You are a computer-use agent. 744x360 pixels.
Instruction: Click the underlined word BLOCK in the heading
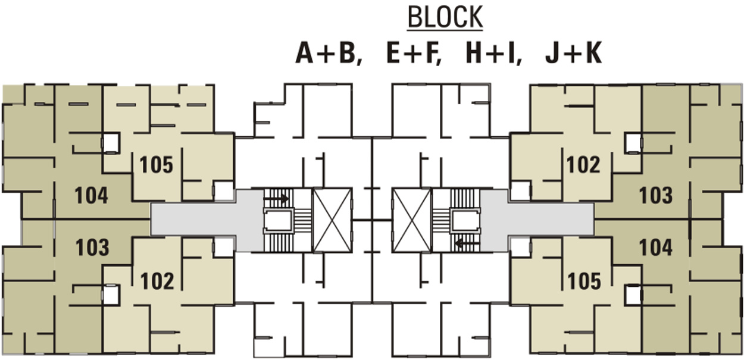pos(445,18)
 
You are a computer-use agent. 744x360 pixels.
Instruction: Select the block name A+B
pos(329,54)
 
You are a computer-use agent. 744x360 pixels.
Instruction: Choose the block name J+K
pos(573,54)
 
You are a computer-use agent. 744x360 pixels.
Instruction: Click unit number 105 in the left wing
pos(156,165)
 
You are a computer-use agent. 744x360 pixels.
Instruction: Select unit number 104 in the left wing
pos(92,195)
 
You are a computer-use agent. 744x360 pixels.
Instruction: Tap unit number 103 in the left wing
pos(92,248)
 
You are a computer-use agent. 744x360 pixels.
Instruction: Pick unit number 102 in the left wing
pos(157,280)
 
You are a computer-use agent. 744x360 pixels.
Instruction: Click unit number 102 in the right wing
pos(583,165)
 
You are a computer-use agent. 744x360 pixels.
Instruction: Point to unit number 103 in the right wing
pos(655,195)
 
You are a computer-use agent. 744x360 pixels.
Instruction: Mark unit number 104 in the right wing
pos(655,248)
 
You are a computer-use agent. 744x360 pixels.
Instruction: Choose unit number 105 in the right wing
pos(584,280)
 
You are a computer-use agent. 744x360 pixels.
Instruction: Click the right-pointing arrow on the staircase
pos(277,198)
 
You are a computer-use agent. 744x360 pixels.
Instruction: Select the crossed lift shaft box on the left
pos(332,220)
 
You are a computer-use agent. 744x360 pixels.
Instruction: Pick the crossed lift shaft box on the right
pos(412,220)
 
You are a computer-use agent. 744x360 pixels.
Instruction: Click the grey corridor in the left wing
pos(205,220)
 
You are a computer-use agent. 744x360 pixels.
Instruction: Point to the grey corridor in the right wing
pos(539,220)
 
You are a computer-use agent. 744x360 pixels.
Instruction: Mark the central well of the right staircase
pos(466,220)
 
